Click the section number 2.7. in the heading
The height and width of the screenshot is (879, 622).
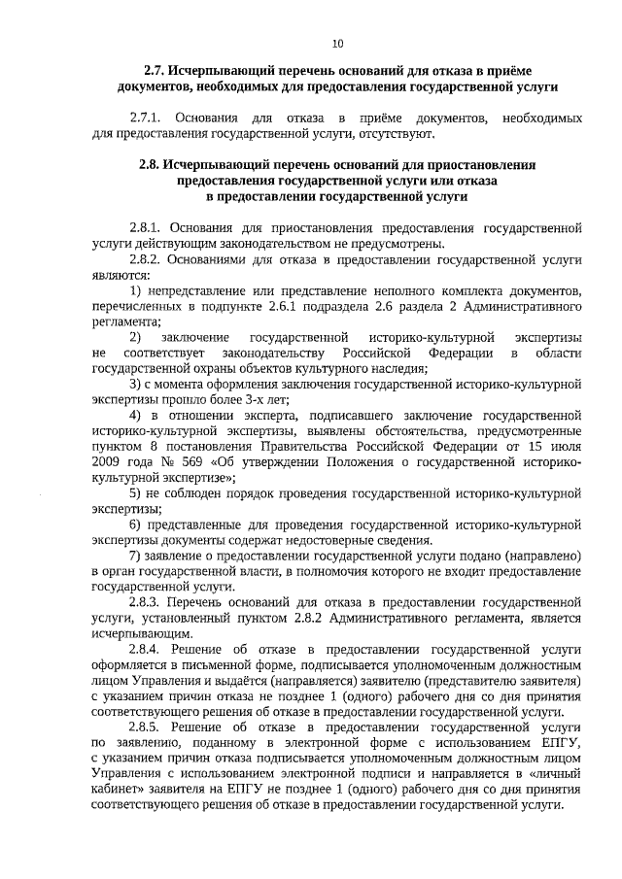155,71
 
